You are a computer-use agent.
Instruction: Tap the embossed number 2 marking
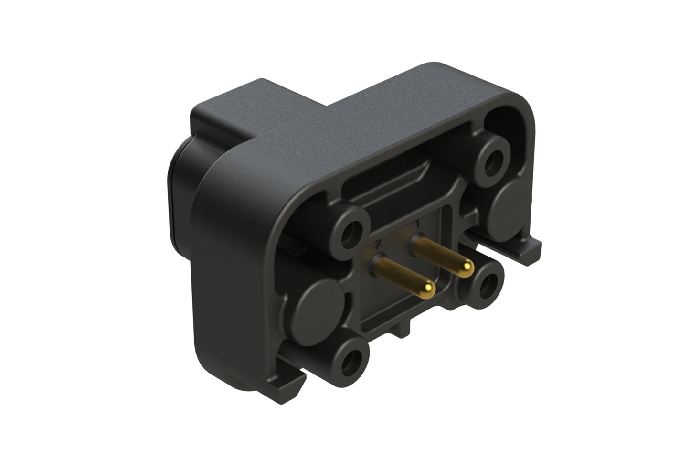[379, 244]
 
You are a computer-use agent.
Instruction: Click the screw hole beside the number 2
[354, 233]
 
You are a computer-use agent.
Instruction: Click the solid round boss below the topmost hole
[513, 196]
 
